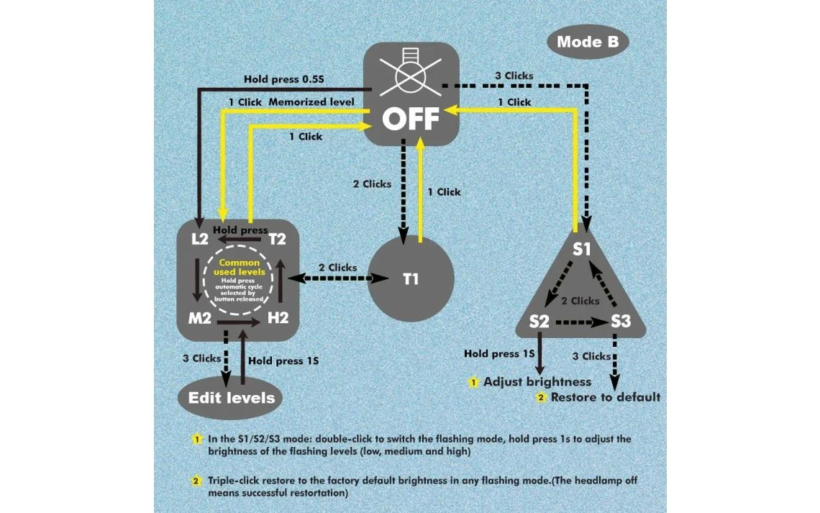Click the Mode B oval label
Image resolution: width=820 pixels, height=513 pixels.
click(588, 42)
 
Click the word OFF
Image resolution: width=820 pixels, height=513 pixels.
click(410, 119)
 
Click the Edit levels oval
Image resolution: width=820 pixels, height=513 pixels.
click(231, 397)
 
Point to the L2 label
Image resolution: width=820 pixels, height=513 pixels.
click(200, 239)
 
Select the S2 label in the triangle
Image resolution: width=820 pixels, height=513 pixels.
click(539, 321)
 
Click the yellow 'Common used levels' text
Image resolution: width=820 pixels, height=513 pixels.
click(240, 268)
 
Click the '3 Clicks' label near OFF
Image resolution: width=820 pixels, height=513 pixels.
click(514, 76)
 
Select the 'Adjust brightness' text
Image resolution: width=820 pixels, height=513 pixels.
click(537, 382)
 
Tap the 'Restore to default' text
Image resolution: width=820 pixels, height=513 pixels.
click(605, 397)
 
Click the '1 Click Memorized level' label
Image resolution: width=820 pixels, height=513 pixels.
click(291, 102)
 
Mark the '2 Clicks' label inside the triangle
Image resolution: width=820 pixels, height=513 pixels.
click(580, 301)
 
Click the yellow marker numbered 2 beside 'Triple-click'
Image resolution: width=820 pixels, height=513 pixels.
click(196, 481)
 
